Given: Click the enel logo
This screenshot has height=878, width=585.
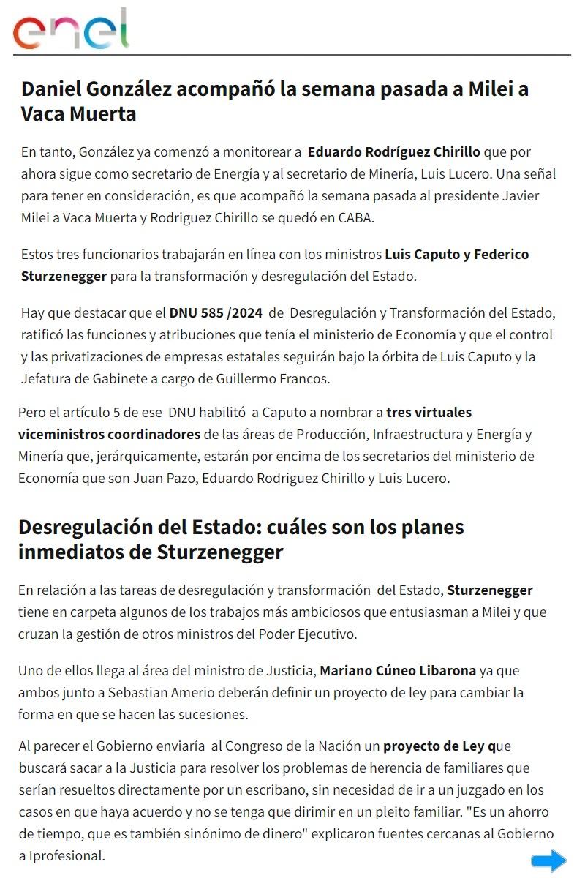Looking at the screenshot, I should [x=71, y=30].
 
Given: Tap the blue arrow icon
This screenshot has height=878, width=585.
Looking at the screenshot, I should [x=549, y=861].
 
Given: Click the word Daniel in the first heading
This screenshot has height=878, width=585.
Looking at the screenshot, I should [x=50, y=89].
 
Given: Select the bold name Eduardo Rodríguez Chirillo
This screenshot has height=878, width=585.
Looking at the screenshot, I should [x=393, y=152].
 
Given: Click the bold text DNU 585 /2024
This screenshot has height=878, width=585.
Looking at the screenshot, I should [x=216, y=313].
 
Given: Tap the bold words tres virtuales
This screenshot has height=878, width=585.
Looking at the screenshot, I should [x=429, y=412].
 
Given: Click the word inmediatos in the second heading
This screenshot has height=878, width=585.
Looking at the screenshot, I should [x=71, y=552].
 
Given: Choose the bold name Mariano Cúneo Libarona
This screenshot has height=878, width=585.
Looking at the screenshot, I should [x=398, y=670].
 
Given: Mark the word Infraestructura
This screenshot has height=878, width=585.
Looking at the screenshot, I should [x=419, y=434].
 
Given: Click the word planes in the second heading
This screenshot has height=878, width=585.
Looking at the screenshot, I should [x=427, y=527].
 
